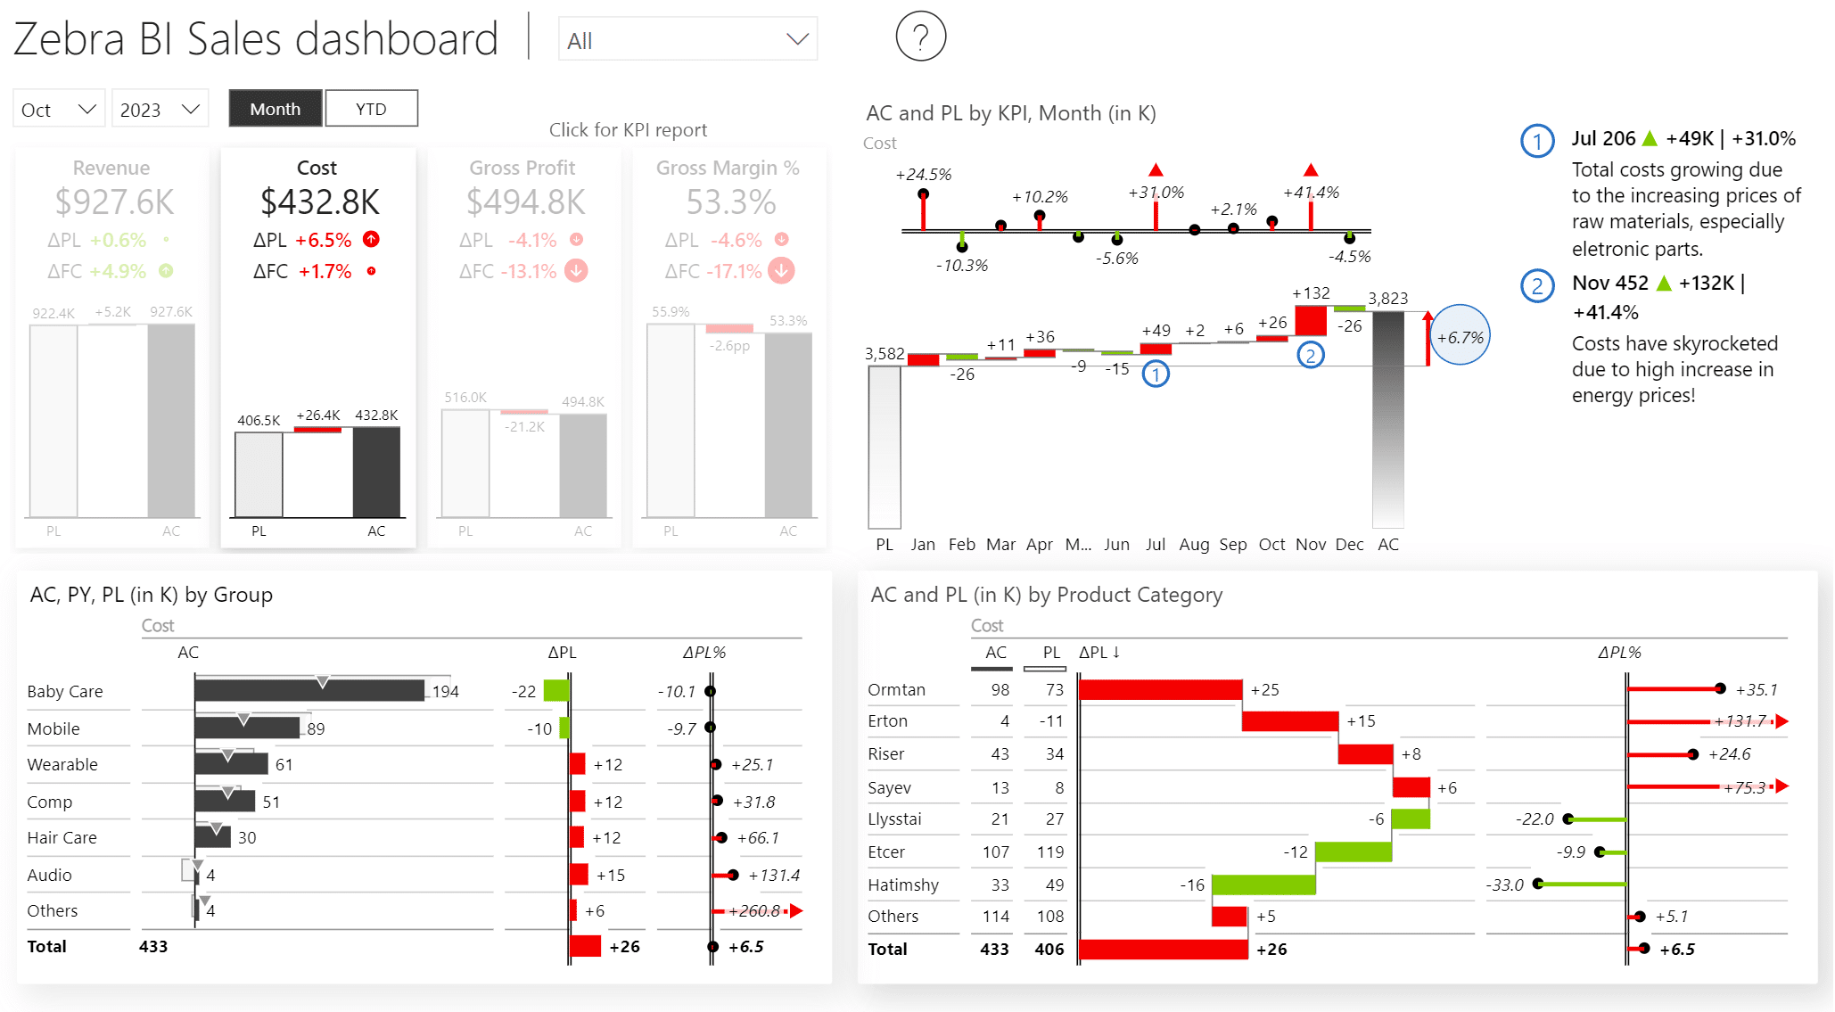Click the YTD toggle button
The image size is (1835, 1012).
[x=371, y=109]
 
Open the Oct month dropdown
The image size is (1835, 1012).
[x=59, y=109]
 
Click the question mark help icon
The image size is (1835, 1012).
[x=920, y=37]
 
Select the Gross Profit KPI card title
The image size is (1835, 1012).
[x=522, y=168]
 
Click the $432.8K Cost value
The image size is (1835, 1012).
[x=319, y=202]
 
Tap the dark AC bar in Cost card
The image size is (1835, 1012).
[x=376, y=472]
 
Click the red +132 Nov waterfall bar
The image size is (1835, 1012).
[x=1310, y=319]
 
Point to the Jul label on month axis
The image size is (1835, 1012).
[x=1155, y=544]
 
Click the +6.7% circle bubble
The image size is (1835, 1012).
[x=1460, y=336]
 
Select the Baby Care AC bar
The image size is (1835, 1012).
[x=309, y=690]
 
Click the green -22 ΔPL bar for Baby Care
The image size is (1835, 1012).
[x=555, y=690]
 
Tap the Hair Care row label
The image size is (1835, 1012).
[x=62, y=837]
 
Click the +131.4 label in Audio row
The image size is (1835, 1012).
[x=773, y=875]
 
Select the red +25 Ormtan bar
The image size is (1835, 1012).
[x=1159, y=689]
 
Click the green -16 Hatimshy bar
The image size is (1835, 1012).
[x=1263, y=884]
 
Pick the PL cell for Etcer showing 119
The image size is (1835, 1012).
[x=1049, y=852]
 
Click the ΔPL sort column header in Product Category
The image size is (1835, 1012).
[x=1099, y=652]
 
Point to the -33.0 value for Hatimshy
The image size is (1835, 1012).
[x=1504, y=884]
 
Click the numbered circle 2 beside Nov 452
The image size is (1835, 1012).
[x=1536, y=285]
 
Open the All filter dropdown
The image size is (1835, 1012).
[x=687, y=40]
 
